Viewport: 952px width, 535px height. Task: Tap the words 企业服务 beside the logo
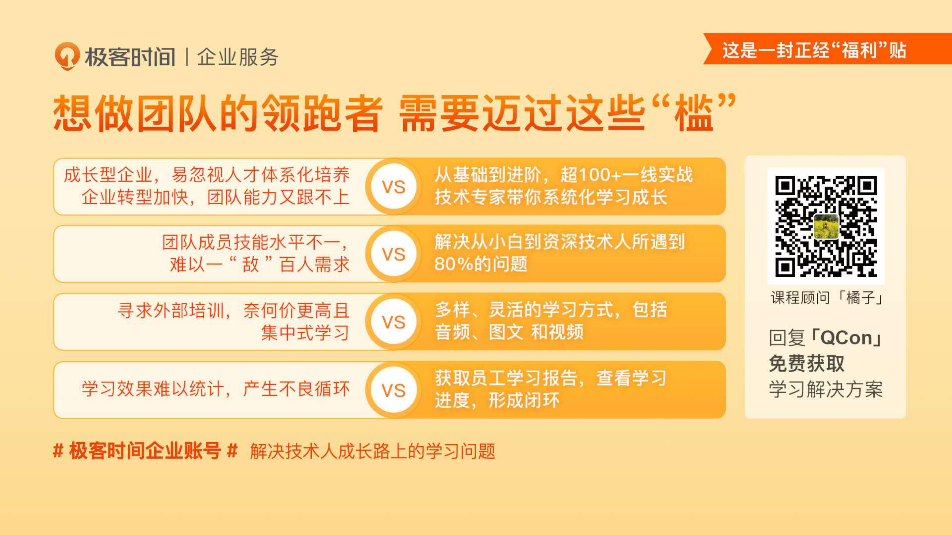coord(238,57)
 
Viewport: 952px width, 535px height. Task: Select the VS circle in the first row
coord(394,187)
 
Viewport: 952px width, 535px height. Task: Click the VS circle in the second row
coord(394,254)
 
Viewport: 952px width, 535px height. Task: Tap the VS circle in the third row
coord(394,321)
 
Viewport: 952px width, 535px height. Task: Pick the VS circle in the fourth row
coord(394,390)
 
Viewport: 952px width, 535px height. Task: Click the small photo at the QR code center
coord(826,226)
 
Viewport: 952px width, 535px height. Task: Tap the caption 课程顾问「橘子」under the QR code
coord(826,297)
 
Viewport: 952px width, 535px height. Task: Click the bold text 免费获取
coord(806,363)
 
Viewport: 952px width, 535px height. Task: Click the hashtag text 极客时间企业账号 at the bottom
coord(145,451)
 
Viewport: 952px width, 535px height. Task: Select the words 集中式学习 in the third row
coord(305,332)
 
